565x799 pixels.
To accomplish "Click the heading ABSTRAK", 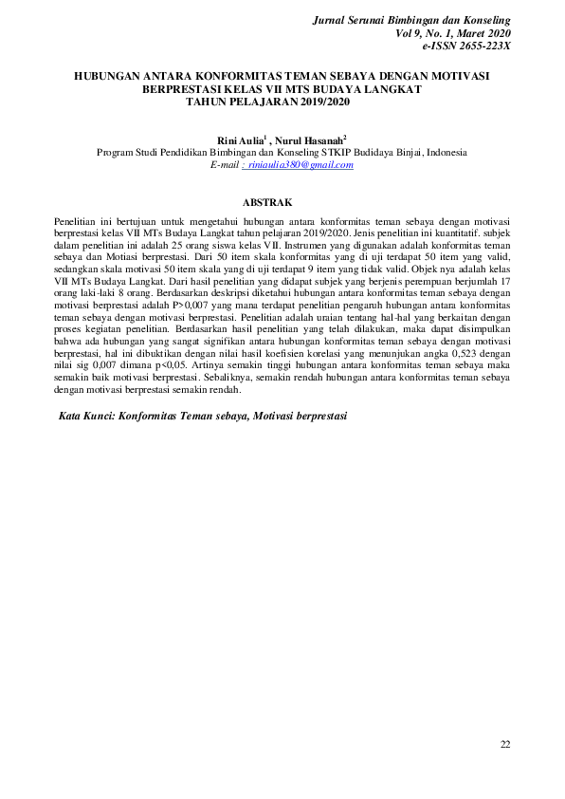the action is pos(267,202).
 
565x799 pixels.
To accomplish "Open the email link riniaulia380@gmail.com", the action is pos(301,165).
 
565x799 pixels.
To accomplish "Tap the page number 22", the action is pos(505,743).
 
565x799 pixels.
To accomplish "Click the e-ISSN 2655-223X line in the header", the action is pos(465,45).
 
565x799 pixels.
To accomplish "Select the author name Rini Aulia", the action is pos(241,139).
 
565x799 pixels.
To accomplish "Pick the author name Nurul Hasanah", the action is pos(310,139).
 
